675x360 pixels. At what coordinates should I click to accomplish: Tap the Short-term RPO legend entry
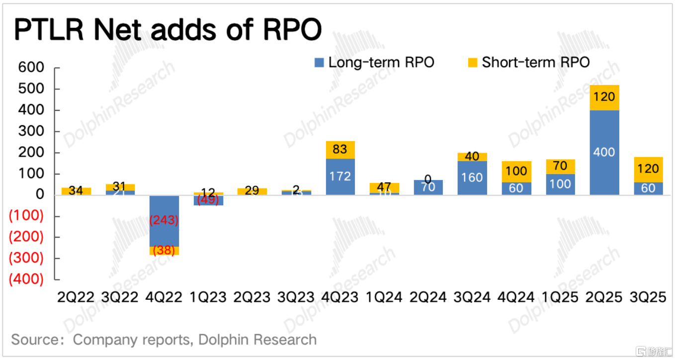[x=530, y=62]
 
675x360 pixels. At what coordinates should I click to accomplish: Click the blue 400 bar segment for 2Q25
[x=604, y=152]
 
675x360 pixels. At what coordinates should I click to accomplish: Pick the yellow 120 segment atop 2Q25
[x=604, y=97]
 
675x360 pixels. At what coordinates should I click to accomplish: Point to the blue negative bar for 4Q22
[x=164, y=220]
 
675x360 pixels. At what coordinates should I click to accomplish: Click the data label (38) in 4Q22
[x=164, y=251]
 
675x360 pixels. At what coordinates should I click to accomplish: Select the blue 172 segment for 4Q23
[x=340, y=177]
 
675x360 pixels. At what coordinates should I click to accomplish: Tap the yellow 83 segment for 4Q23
[x=340, y=150]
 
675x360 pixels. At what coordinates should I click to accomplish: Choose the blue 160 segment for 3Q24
[x=472, y=178]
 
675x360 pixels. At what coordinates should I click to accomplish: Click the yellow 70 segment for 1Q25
[x=560, y=167]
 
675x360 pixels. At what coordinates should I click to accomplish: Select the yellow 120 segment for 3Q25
[x=648, y=170]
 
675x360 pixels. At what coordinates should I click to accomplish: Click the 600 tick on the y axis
[x=31, y=68]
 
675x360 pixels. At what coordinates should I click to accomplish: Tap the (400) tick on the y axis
[x=26, y=279]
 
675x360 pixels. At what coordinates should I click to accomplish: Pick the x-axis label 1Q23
[x=208, y=297]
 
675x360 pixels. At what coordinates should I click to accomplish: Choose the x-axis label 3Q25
[x=648, y=297]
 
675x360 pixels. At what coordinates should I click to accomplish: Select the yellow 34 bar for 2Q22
[x=76, y=191]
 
